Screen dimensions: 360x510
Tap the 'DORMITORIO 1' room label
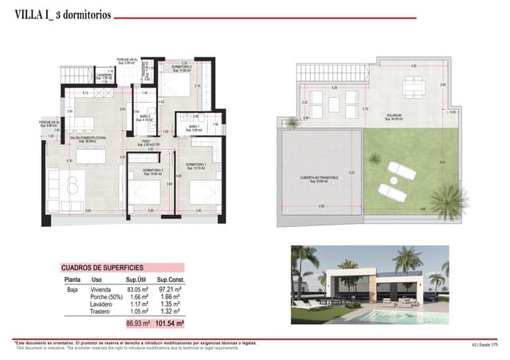(x=196, y=166)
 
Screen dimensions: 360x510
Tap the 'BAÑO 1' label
(x=194, y=127)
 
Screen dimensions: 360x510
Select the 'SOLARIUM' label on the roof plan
(x=393, y=117)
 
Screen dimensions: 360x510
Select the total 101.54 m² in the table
(x=171, y=325)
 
